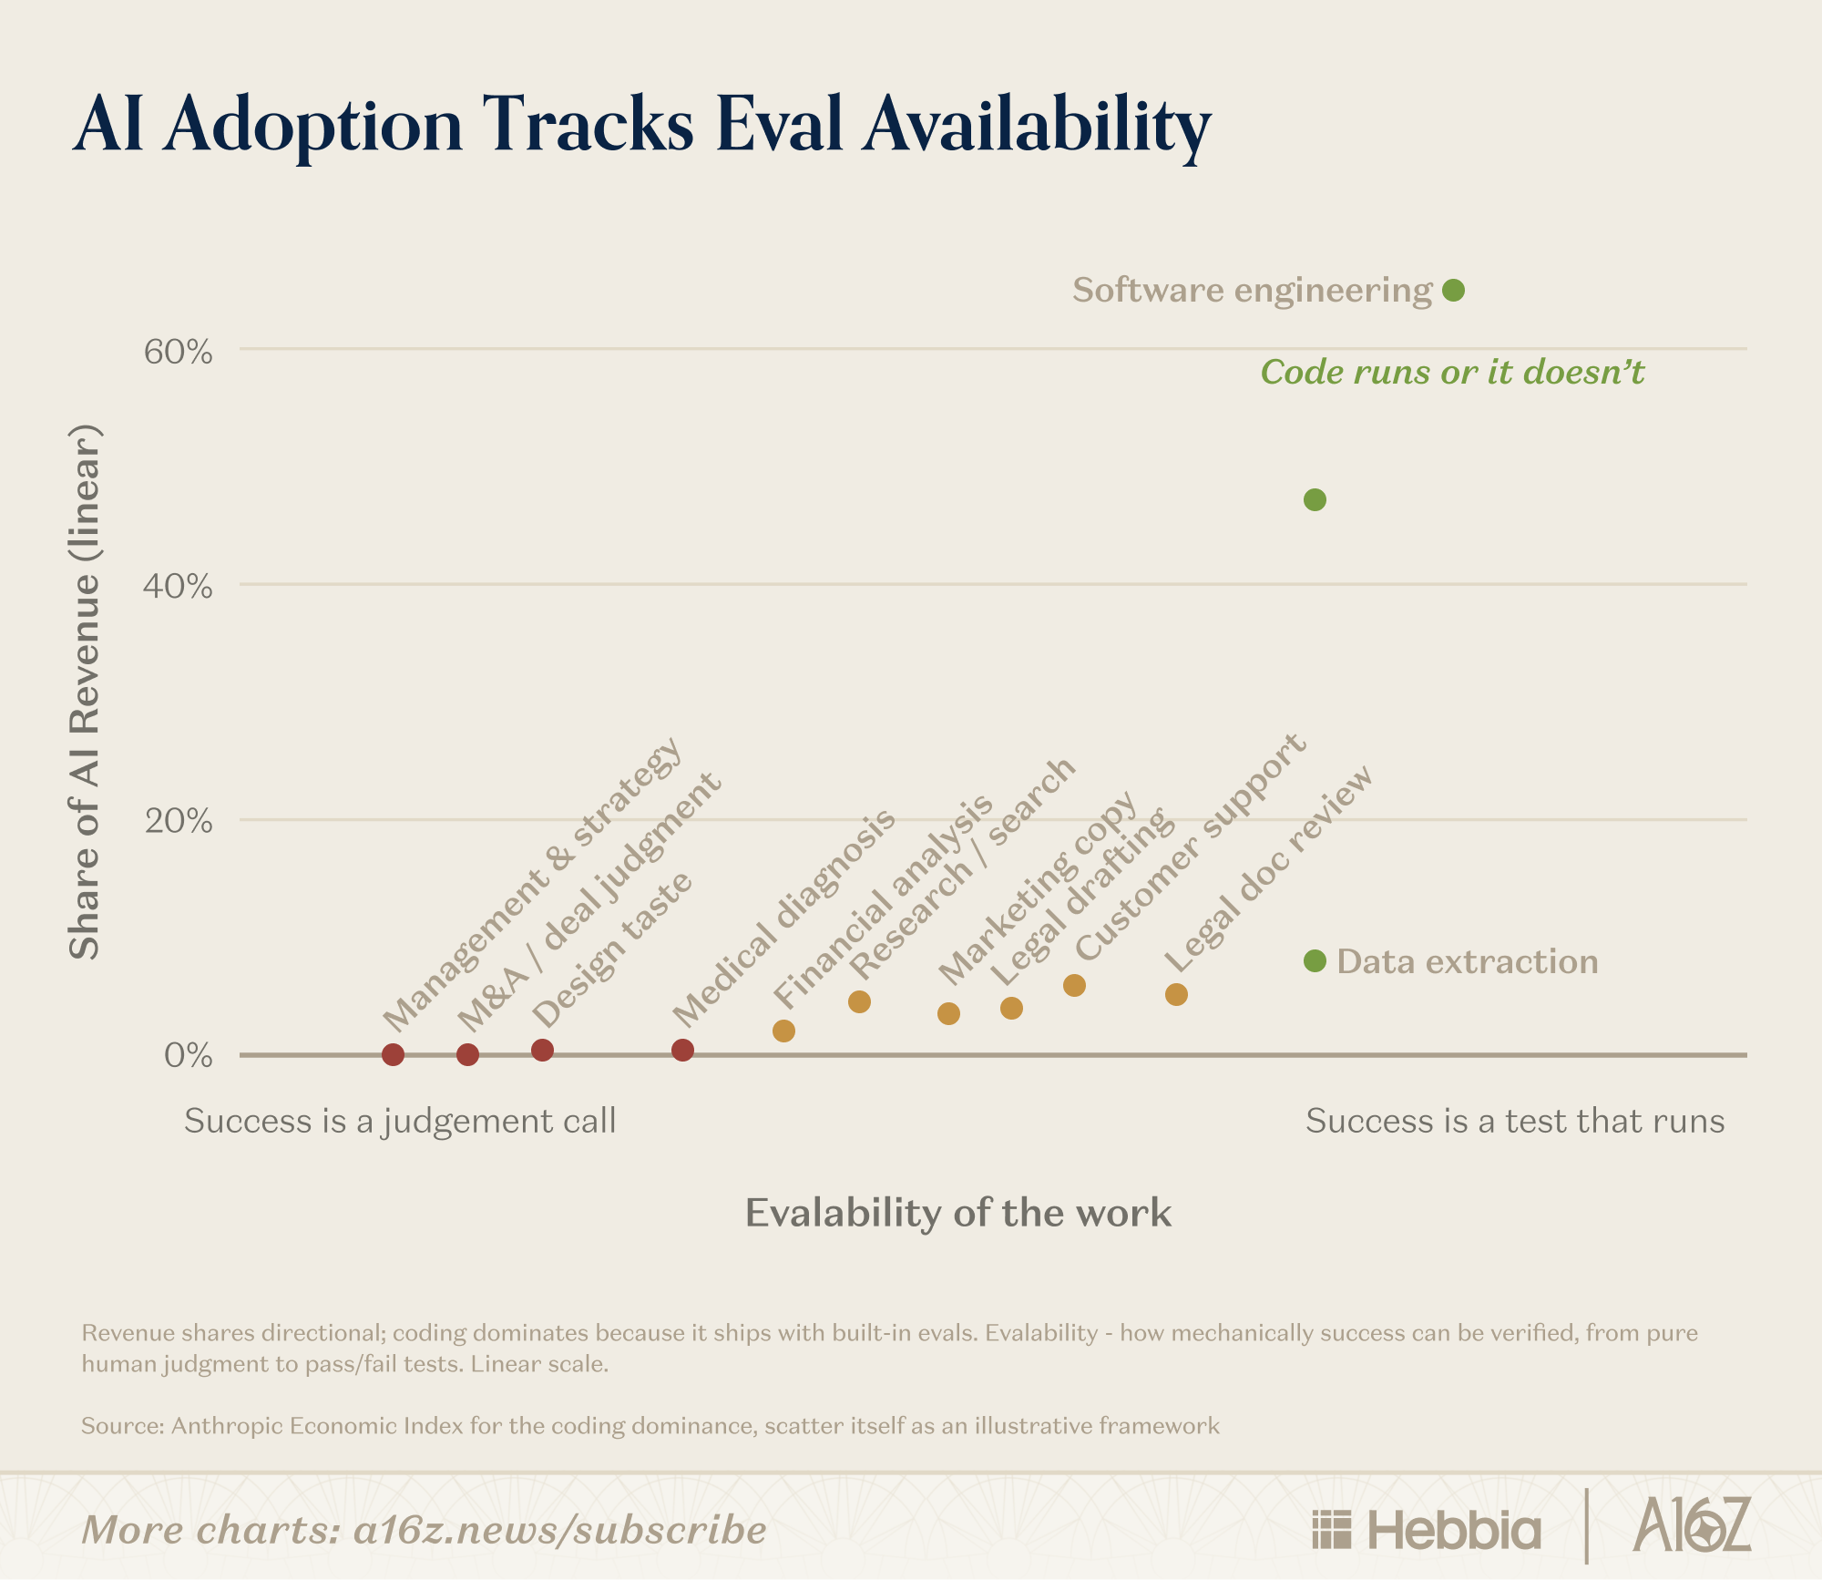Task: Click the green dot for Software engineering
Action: (x=1454, y=291)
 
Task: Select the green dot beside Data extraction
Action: (x=1315, y=960)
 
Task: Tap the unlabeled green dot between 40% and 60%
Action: (x=1315, y=499)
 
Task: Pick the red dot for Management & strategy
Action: (x=393, y=1054)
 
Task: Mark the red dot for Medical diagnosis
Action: (x=682, y=1050)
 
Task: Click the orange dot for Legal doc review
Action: (x=1176, y=994)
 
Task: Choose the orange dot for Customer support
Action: (x=1074, y=985)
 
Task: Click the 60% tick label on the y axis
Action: (x=179, y=352)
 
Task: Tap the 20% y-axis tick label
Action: (x=179, y=821)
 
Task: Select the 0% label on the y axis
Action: (x=189, y=1056)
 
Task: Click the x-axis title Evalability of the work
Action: (x=958, y=1213)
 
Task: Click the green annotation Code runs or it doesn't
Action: (x=1452, y=372)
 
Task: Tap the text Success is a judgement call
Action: (x=400, y=1122)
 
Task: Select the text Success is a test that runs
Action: (x=1515, y=1121)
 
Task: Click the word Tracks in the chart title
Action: (x=588, y=124)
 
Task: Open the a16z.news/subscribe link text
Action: (x=559, y=1530)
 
